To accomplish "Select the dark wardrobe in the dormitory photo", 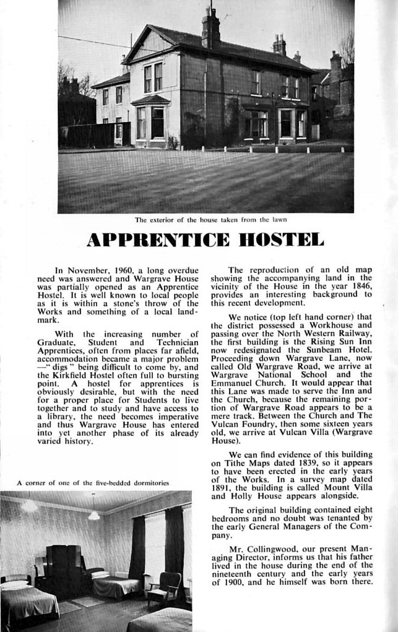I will pos(64,567).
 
